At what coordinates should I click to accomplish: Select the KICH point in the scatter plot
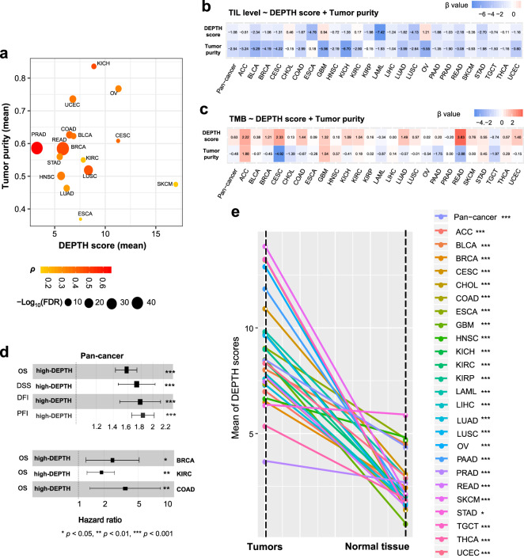[93, 66]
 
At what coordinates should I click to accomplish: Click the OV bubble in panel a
[118, 89]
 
